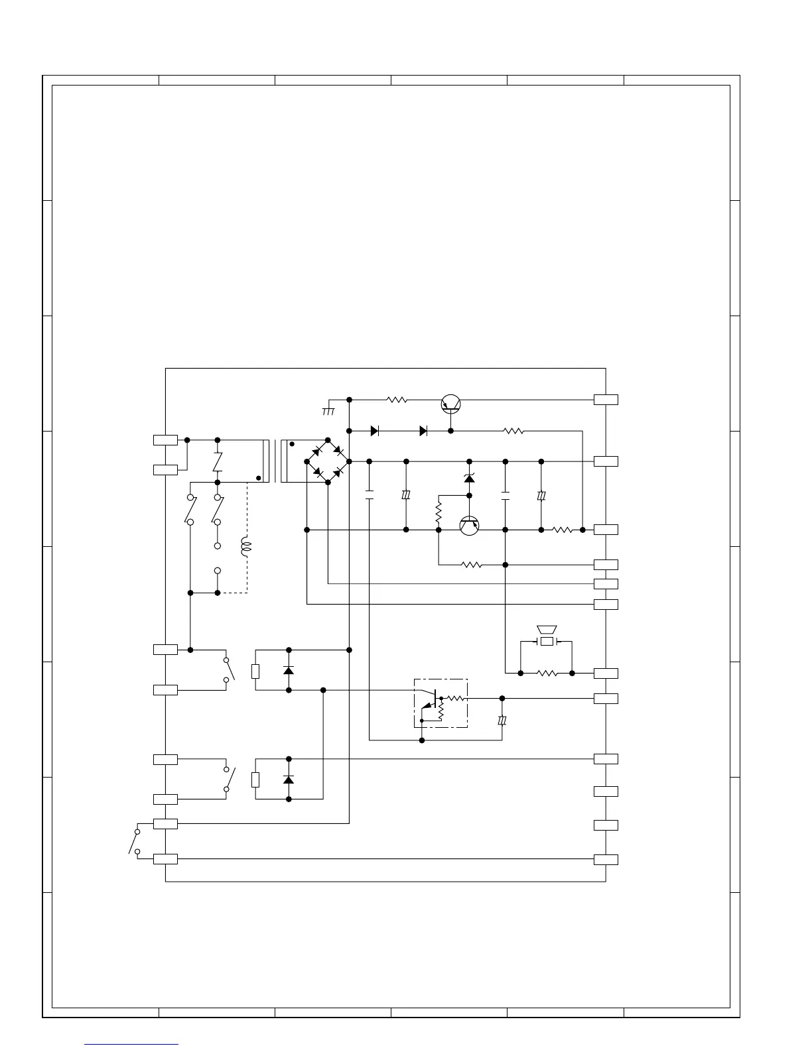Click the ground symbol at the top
(328, 411)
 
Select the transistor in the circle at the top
(451, 403)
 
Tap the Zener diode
(470, 478)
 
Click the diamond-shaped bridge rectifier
(328, 461)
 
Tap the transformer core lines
(276, 461)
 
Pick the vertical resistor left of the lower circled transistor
(439, 513)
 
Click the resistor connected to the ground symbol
(397, 400)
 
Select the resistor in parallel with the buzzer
(547, 673)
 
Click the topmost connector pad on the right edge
(606, 400)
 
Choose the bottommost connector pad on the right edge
(606, 860)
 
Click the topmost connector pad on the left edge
(165, 439)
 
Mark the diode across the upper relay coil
(289, 670)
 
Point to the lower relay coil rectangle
(255, 780)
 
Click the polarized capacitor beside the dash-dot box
(502, 721)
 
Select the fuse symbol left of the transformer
(218, 462)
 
